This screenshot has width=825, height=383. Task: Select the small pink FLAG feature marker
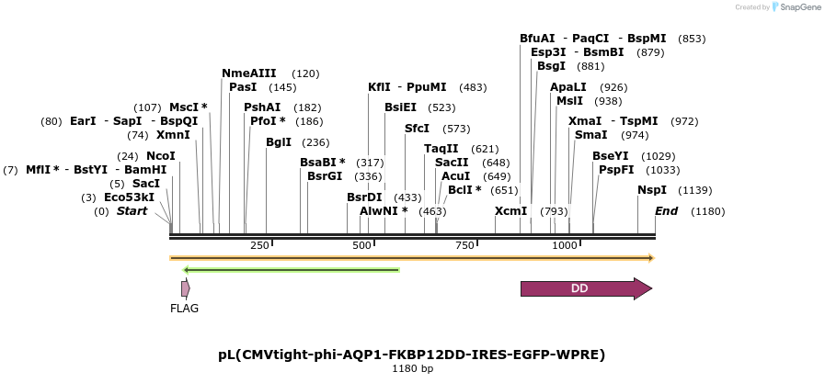pyautogui.click(x=185, y=288)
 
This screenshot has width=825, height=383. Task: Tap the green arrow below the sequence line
pyautogui.click(x=291, y=270)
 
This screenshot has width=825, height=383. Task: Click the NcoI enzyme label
pyautogui.click(x=160, y=156)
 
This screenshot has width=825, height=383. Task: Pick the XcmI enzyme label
pyautogui.click(x=510, y=211)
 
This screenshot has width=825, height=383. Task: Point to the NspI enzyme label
pyautogui.click(x=652, y=190)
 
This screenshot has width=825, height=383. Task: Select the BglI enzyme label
pyautogui.click(x=278, y=142)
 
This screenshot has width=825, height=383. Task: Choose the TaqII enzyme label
pyautogui.click(x=441, y=149)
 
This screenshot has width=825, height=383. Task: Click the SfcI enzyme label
pyautogui.click(x=417, y=129)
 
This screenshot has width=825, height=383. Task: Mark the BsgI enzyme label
pyautogui.click(x=551, y=66)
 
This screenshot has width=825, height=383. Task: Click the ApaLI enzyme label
pyautogui.click(x=568, y=87)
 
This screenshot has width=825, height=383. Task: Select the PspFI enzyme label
pyautogui.click(x=616, y=170)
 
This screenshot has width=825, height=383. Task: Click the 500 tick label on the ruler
pyautogui.click(x=362, y=245)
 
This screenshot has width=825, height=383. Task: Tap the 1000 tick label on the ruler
pyautogui.click(x=564, y=245)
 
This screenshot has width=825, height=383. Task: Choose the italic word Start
pyautogui.click(x=132, y=211)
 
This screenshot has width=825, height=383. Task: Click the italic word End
pyautogui.click(x=666, y=211)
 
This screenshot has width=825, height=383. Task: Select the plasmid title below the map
pyautogui.click(x=411, y=354)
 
